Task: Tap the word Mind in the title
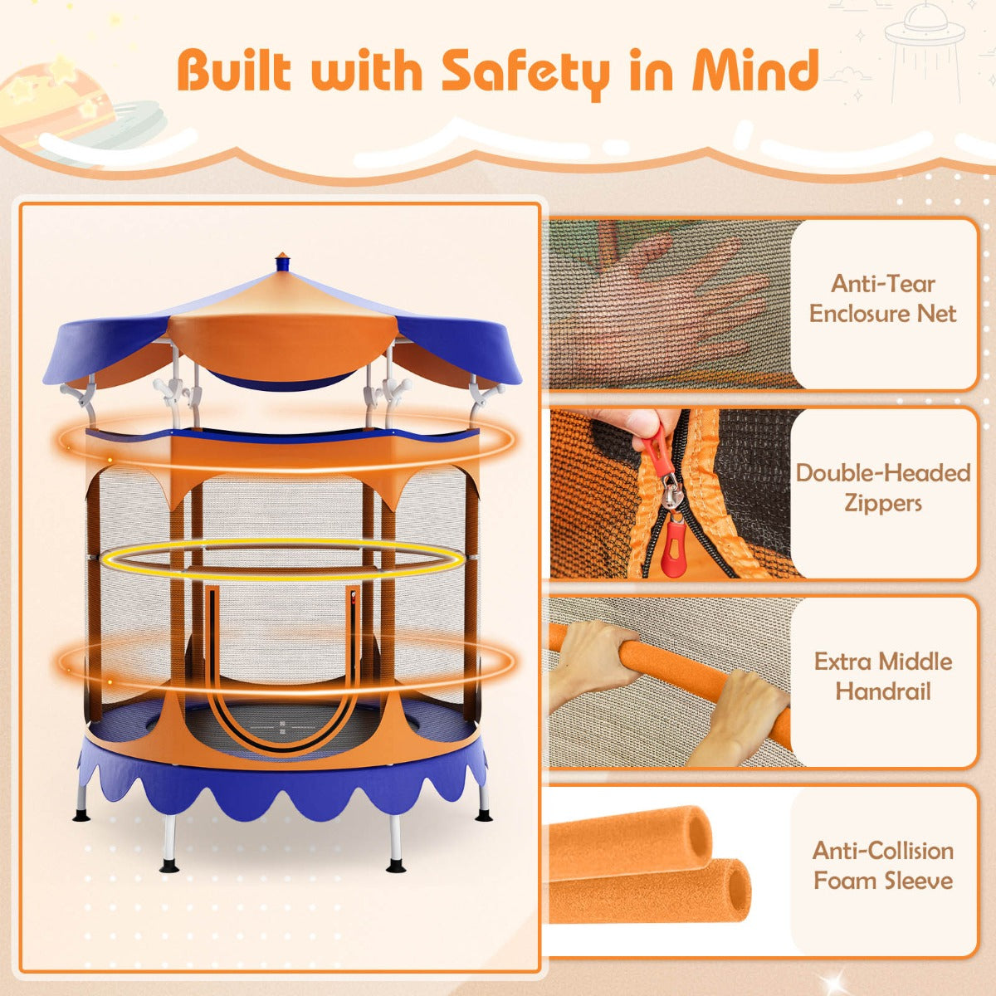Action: pos(755,70)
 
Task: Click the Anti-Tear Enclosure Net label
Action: pos(883,299)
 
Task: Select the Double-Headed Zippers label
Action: pos(883,488)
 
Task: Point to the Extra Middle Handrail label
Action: pos(883,676)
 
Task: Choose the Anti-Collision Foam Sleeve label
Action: pos(883,866)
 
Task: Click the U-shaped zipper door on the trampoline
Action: pos(282,664)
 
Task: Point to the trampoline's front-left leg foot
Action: pos(169,867)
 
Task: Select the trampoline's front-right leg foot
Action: pos(397,867)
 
